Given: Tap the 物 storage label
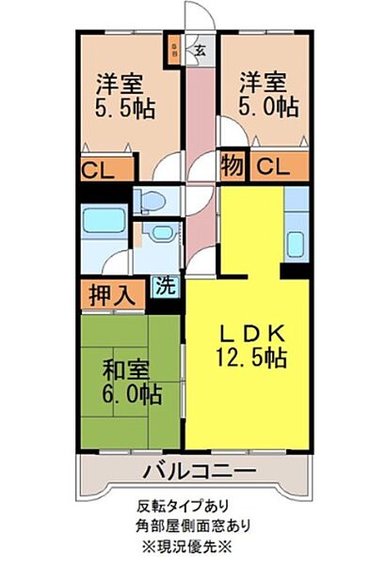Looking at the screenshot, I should coord(233,167).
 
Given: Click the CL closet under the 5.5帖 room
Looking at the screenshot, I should coord(101,170).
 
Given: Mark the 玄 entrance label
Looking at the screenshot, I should coord(201,50).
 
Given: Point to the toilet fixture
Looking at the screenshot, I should coord(152,200).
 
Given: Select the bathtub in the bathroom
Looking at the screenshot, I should coord(104,223).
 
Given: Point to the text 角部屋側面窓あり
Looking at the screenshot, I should coord(192,525).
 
